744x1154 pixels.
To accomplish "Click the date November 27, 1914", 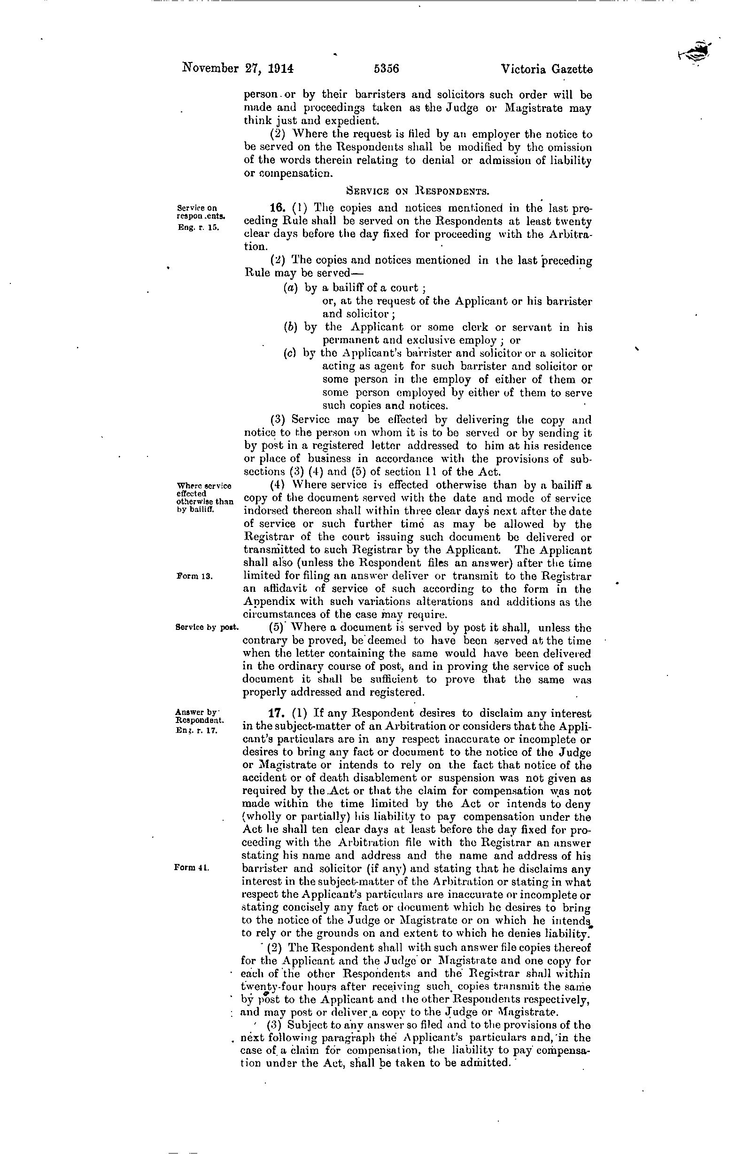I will [238, 68].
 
